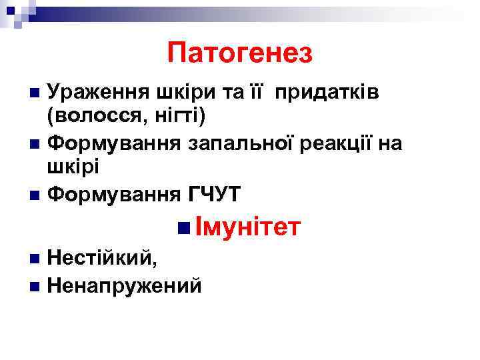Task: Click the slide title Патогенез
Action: tap(240, 52)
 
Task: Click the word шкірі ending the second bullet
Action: tap(73, 167)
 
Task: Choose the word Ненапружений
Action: tap(125, 285)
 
